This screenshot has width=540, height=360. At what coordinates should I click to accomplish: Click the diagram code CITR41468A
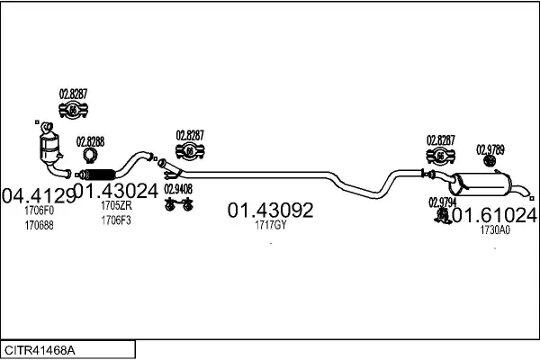coord(40,350)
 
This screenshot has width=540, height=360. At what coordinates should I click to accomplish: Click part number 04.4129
coord(39,195)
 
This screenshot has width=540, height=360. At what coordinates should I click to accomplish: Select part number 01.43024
coord(116,191)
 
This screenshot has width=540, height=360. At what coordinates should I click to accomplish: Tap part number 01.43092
coord(270,210)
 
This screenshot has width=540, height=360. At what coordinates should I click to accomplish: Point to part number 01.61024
coord(494,215)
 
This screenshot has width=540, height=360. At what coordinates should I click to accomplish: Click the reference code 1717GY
coord(270,225)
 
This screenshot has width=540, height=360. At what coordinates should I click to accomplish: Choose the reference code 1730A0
coord(495,230)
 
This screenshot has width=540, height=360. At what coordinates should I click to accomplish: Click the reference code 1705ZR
coord(116,206)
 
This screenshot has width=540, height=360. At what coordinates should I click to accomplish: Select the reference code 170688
coord(39,226)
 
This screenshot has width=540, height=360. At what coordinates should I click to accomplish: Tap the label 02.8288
coord(90,142)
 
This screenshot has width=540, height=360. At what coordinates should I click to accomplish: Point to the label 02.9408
coord(178,189)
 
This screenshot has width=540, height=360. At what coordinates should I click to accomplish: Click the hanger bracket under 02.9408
coord(179,204)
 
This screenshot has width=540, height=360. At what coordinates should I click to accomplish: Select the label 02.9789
coord(490,150)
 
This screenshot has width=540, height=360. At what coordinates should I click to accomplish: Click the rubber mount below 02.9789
coord(489,160)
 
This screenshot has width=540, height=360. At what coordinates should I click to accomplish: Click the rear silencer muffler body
coord(481,184)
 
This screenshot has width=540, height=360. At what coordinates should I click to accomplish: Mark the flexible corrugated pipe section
coord(100,175)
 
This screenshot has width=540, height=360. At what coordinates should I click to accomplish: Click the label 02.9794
coord(442,202)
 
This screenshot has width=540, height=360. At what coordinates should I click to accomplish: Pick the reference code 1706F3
coord(116,220)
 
